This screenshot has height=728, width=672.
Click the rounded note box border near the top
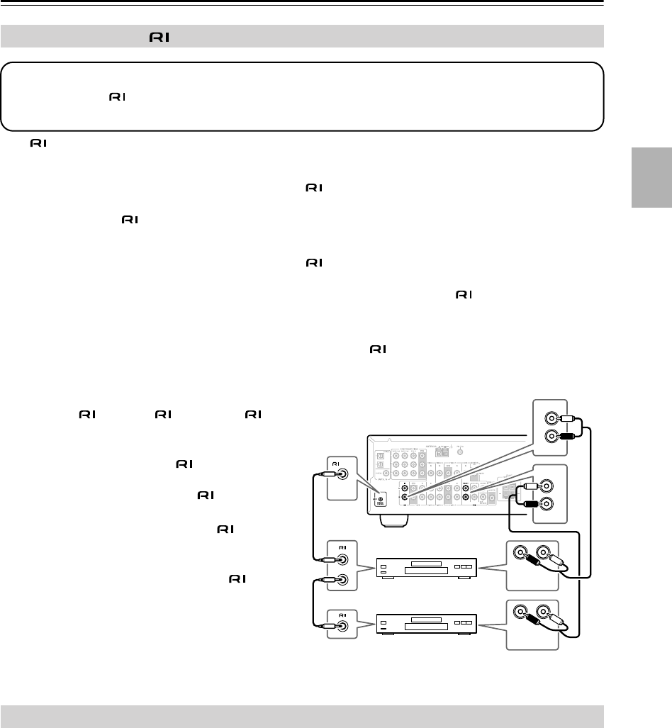[x=302, y=62]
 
